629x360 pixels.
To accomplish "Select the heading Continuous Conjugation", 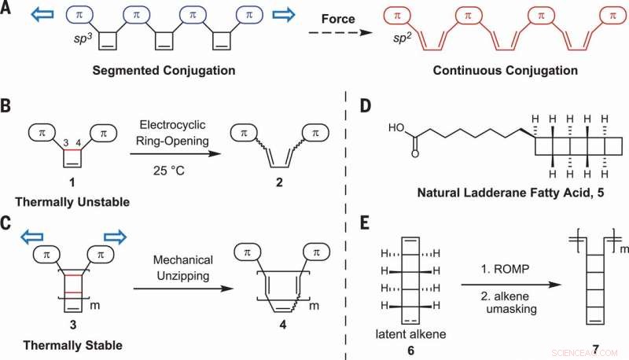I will click(500, 70).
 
